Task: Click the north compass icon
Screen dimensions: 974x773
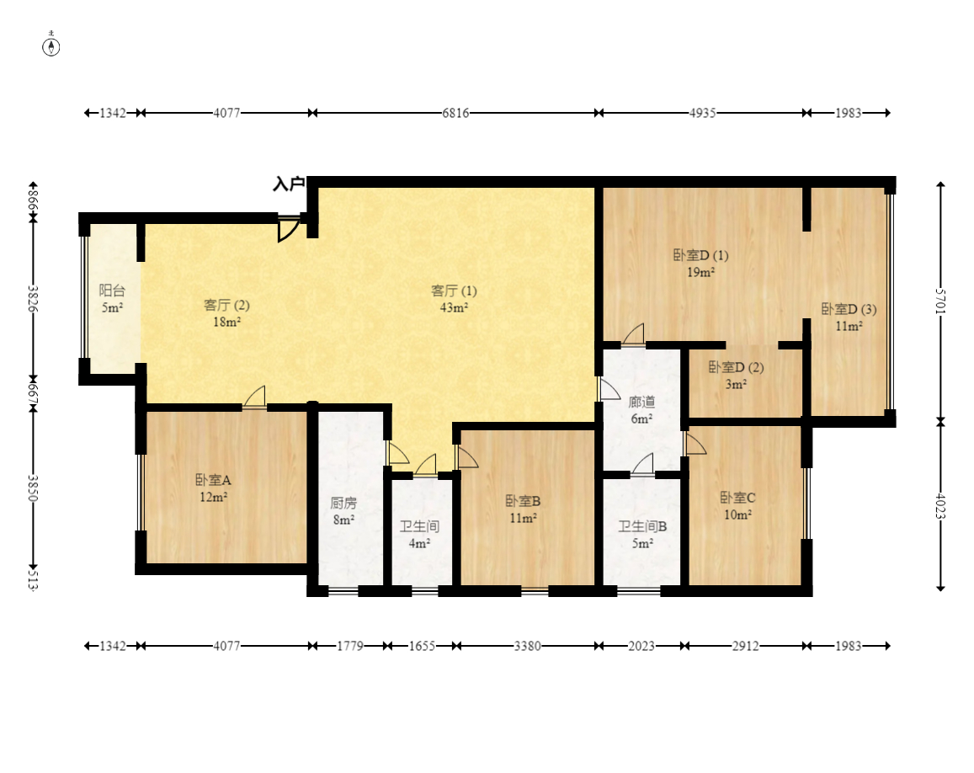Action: click(x=51, y=45)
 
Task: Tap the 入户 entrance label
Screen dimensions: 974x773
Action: click(x=289, y=184)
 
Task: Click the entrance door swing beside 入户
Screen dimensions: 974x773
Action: click(x=288, y=229)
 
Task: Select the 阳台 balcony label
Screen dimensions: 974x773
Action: click(x=112, y=291)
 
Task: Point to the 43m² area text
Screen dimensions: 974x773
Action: click(x=454, y=307)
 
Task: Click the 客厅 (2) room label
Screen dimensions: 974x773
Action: click(x=226, y=305)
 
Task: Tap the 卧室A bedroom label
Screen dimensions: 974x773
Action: click(x=213, y=480)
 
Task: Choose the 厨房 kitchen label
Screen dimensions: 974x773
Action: click(x=343, y=503)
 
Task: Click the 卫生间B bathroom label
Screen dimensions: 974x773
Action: click(x=642, y=527)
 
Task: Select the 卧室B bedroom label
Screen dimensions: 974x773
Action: click(x=523, y=501)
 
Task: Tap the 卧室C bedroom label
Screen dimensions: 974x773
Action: click(x=738, y=498)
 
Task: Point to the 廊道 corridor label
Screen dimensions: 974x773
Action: click(x=641, y=402)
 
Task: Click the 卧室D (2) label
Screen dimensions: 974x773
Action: click(x=736, y=367)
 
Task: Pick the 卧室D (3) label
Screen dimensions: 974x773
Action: click(x=849, y=309)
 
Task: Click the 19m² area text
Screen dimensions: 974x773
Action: click(x=700, y=272)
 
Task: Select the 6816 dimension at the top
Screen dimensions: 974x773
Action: click(x=455, y=113)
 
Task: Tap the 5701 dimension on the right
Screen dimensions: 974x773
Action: click(x=940, y=301)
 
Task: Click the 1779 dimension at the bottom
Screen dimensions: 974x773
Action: click(x=350, y=646)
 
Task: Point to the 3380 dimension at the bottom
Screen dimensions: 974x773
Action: click(x=527, y=646)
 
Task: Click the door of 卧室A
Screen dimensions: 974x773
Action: click(x=254, y=398)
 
